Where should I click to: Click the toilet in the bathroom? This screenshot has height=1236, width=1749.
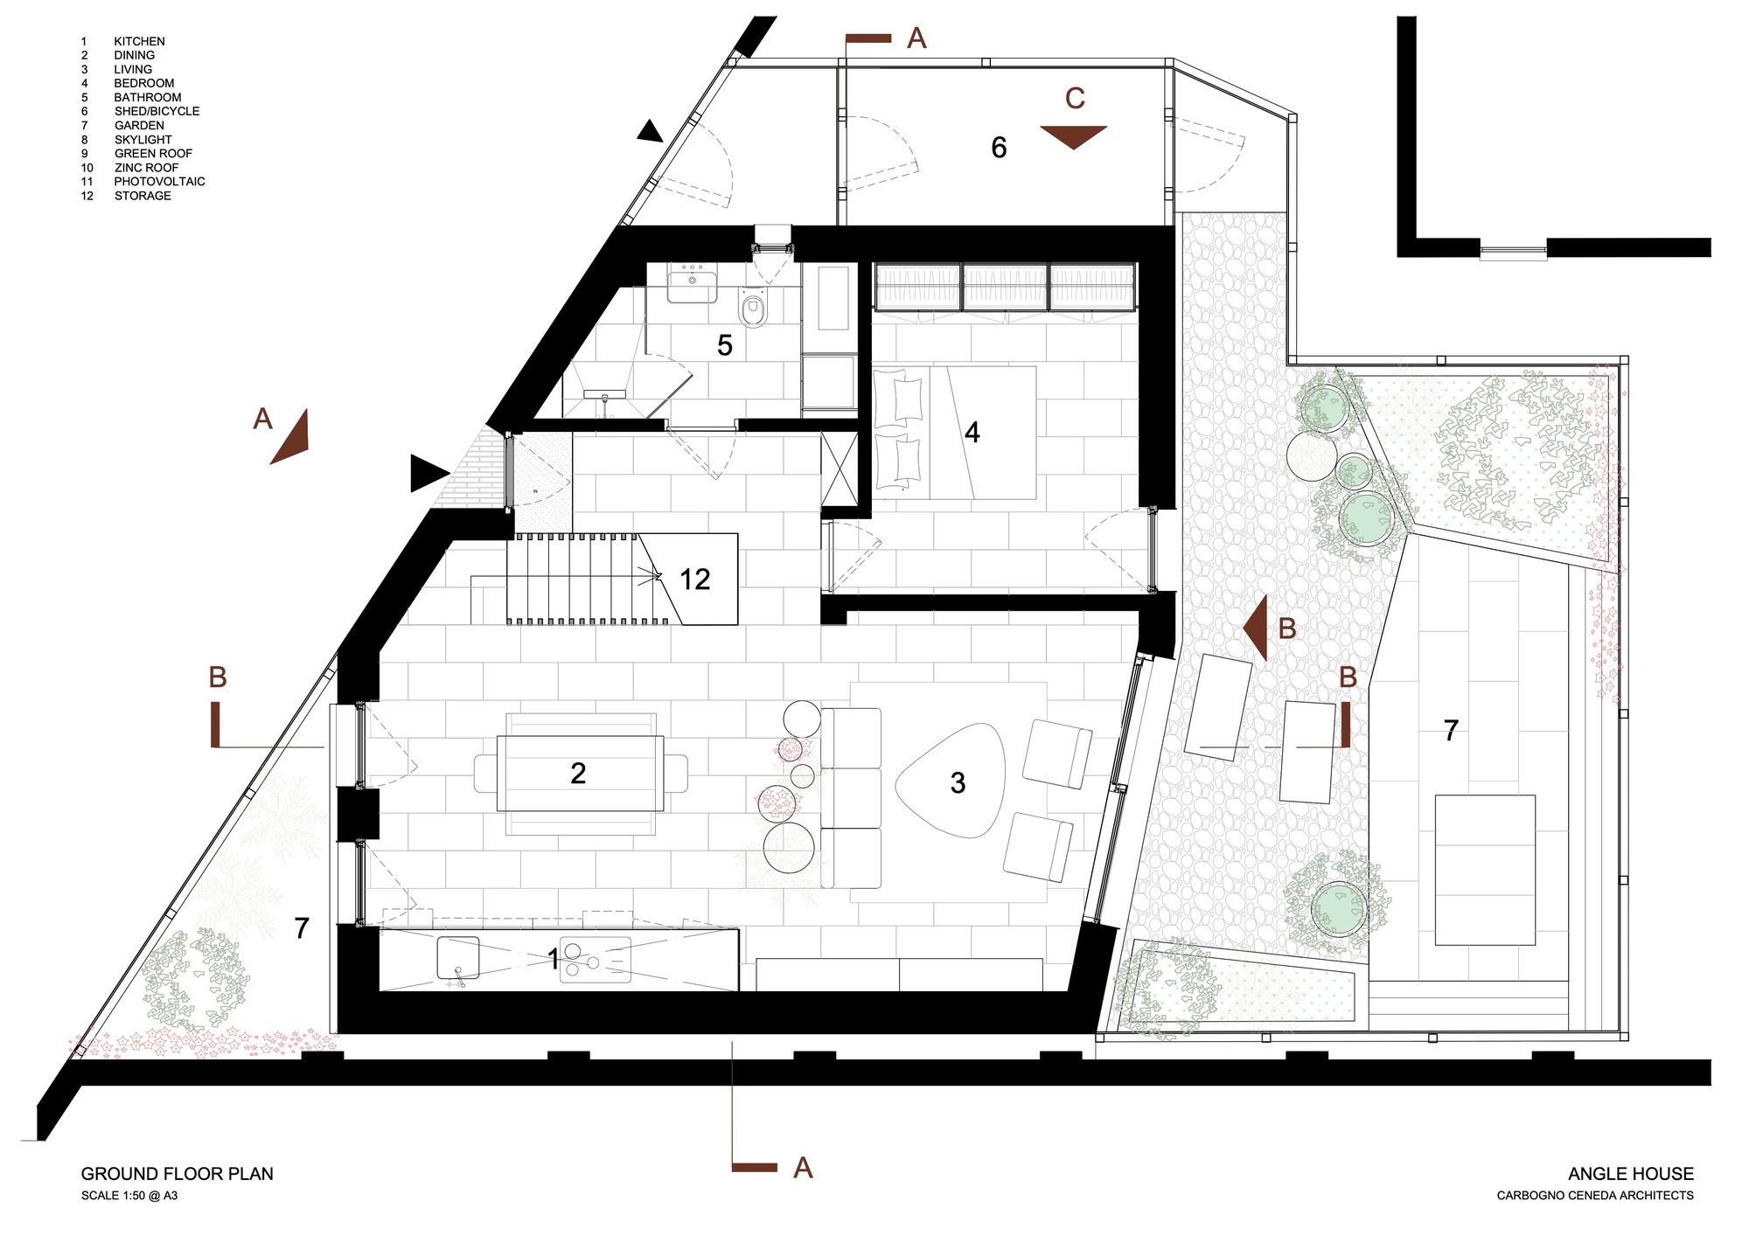753,309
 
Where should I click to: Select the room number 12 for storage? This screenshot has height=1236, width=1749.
695,580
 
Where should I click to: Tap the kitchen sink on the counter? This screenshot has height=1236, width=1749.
457,958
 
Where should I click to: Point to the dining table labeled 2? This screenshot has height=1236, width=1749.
579,773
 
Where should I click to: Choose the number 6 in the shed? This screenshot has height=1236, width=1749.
999,148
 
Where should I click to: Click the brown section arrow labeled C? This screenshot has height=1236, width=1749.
1073,136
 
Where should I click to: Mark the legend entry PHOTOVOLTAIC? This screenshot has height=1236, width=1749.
159,182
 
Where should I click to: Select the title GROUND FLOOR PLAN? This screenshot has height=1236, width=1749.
177,1174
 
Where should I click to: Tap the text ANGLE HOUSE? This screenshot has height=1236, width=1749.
1630,1174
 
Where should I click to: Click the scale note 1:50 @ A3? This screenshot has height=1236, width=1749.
129,1196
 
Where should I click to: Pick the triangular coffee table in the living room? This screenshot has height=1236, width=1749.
951,781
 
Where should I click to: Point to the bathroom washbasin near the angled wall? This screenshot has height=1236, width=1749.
692,286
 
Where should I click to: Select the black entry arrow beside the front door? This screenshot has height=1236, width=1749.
429,474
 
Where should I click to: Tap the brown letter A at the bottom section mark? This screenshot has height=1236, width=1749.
803,1168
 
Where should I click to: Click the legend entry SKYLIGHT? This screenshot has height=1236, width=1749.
143,140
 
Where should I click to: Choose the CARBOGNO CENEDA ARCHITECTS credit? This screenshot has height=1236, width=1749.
1594,1196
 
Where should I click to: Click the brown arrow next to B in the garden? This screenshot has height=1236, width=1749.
1256,628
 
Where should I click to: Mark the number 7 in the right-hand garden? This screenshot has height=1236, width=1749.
1451,730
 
